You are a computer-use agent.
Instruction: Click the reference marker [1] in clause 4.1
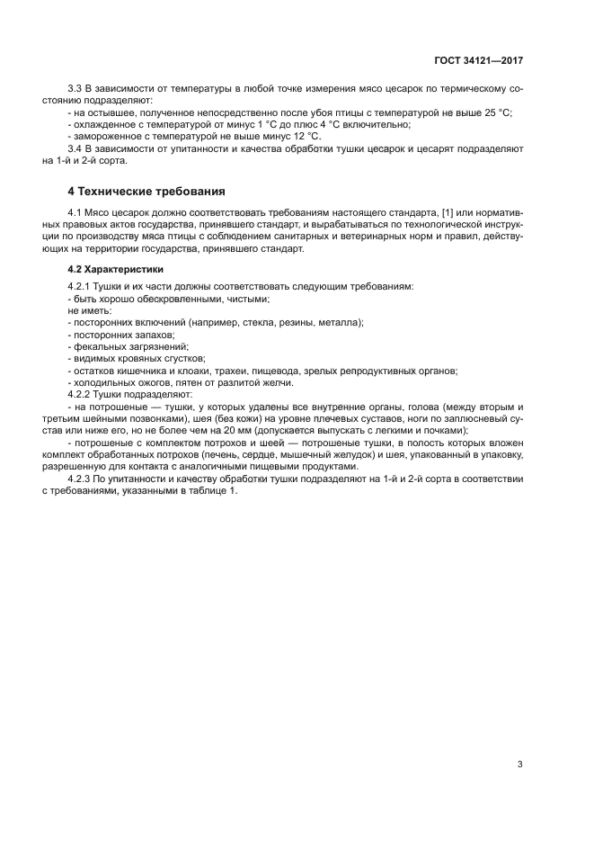coord(449,212)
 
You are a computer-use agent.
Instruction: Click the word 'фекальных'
coord(100,345)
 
